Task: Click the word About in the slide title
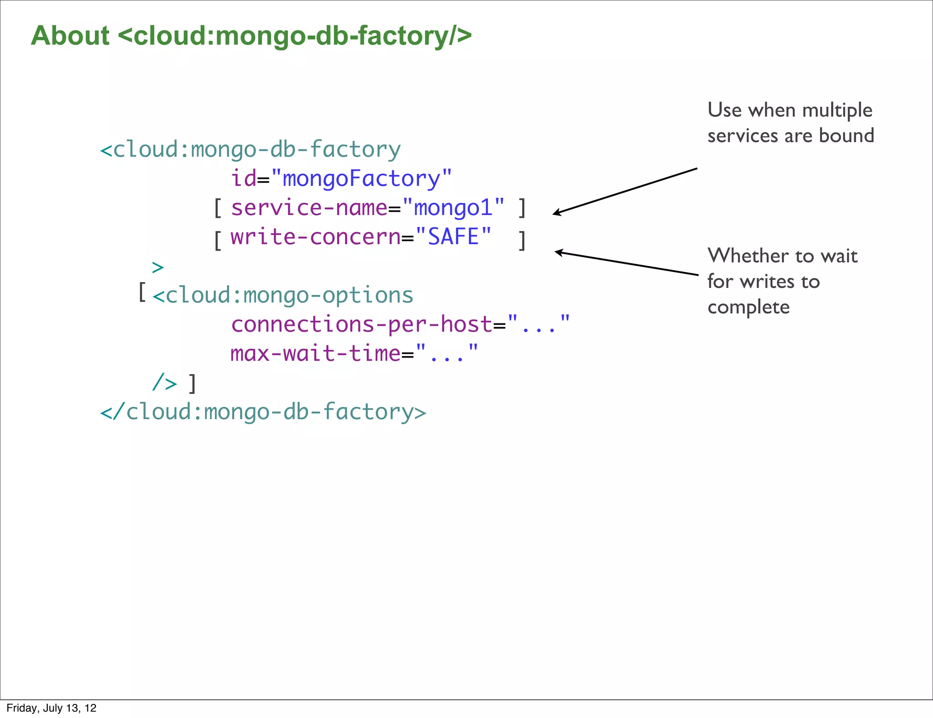tap(70, 36)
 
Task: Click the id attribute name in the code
tap(244, 178)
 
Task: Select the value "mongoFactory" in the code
tap(361, 178)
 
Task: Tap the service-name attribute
tap(309, 208)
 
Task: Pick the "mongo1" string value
tap(454, 208)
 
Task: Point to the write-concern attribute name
tap(315, 237)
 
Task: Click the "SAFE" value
tap(454, 237)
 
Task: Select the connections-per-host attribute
tap(362, 324)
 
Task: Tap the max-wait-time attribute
tap(315, 354)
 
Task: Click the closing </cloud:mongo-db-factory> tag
tap(263, 412)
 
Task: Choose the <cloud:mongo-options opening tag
tap(283, 295)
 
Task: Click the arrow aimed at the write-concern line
tap(626, 263)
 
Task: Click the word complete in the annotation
tap(748, 307)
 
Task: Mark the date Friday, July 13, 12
tap(51, 708)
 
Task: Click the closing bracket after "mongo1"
tap(522, 208)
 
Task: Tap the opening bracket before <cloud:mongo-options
tap(142, 292)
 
